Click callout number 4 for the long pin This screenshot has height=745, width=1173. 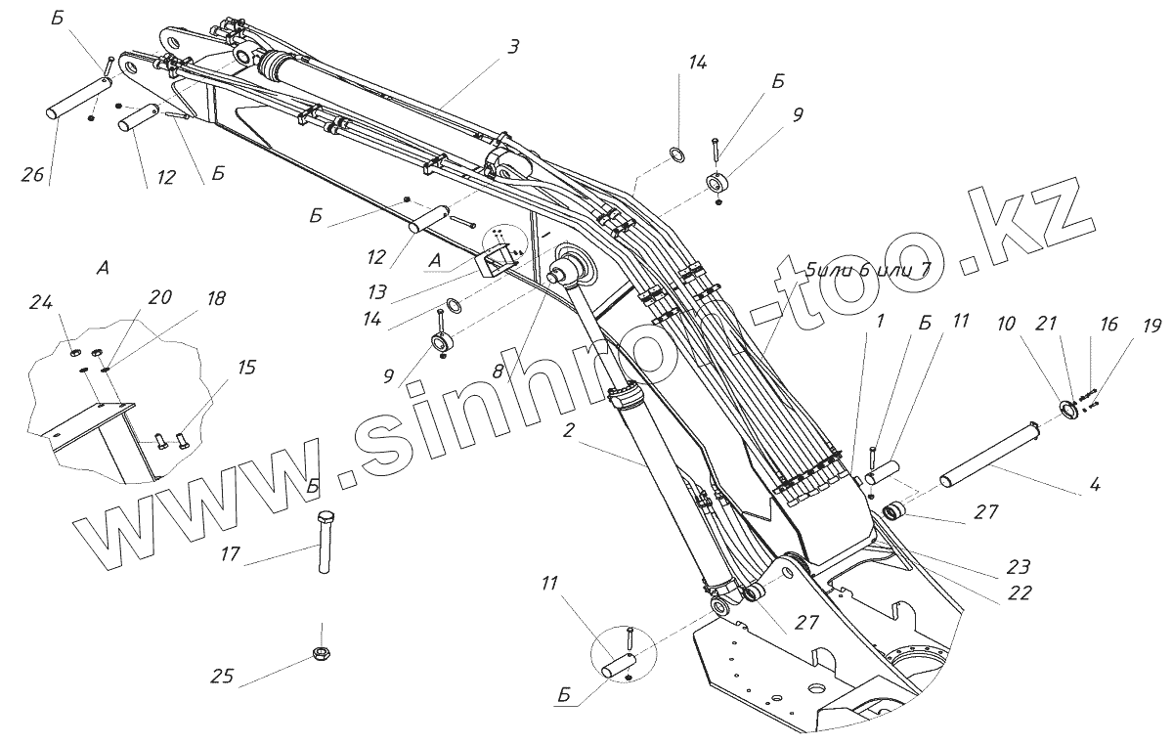point(1096,483)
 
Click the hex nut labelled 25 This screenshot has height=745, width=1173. point(320,653)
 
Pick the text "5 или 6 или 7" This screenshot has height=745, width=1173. point(867,270)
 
